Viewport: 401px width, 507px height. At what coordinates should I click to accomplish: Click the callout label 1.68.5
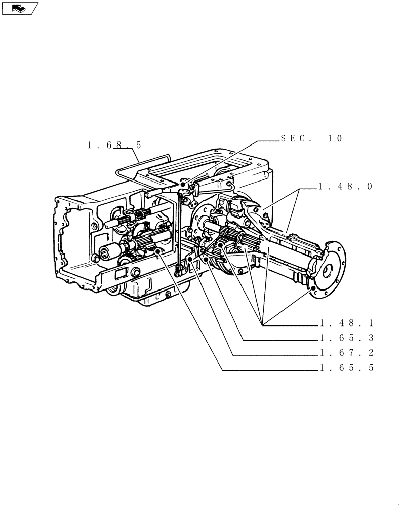(x=114, y=146)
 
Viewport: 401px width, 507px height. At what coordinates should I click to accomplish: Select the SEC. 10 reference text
(x=311, y=138)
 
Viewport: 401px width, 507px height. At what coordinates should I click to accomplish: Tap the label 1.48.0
(x=345, y=187)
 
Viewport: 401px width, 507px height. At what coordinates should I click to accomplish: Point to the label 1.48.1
(x=346, y=323)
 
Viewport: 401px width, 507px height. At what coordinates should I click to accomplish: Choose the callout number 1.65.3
(x=346, y=338)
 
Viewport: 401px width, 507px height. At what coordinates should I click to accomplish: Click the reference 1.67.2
(x=346, y=353)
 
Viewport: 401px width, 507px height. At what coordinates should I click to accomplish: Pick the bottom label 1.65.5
(x=346, y=369)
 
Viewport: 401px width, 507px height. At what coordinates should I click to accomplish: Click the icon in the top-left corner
(x=20, y=8)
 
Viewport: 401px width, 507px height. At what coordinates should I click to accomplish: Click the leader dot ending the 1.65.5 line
(x=158, y=251)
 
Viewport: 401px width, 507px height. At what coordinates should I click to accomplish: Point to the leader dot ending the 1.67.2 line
(x=189, y=259)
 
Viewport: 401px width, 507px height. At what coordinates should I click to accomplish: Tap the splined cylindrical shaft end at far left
(x=109, y=250)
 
